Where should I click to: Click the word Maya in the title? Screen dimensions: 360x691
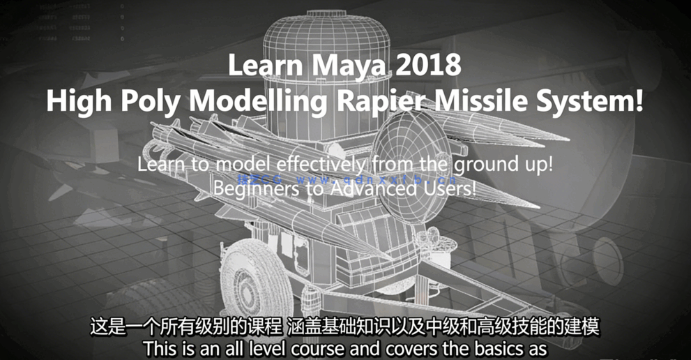(331, 66)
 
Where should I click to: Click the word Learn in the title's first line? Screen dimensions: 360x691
(259, 66)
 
